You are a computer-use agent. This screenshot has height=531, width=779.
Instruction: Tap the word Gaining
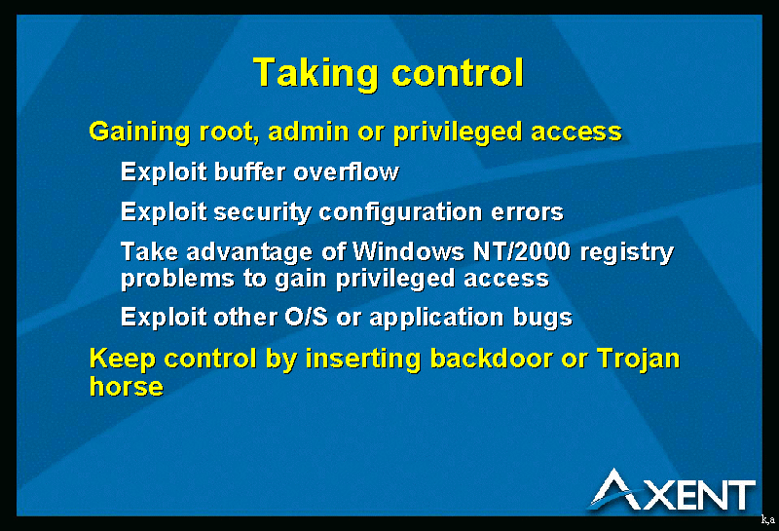pos(139,133)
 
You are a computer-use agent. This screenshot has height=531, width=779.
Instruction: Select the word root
pos(229,133)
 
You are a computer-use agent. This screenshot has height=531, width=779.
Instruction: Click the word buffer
pos(250,172)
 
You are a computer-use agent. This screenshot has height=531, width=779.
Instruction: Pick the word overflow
pos(346,172)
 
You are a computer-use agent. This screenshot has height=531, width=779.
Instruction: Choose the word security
pos(262,213)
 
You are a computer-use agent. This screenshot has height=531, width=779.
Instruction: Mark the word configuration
pos(400,213)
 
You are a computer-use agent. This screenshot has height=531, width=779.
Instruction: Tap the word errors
pos(527,213)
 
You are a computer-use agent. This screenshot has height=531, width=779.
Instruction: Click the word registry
pos(627,253)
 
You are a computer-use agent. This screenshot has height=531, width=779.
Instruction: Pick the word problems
pos(177,279)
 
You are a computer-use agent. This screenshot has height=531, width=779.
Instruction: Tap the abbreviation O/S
pos(306,317)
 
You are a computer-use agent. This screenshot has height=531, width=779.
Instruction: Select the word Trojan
pos(638,360)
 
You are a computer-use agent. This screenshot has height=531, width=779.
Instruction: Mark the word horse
pos(127,387)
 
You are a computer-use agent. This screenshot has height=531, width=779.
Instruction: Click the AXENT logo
pos(672,491)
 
